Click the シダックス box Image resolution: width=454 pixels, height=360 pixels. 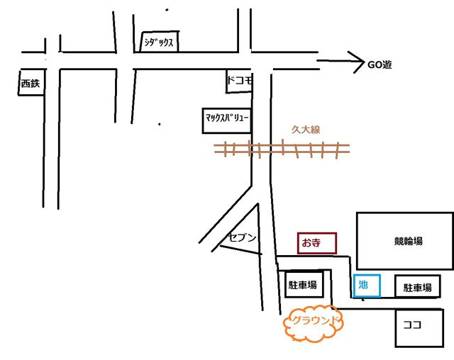tap(158, 42)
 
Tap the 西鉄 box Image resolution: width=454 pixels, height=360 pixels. tap(31, 84)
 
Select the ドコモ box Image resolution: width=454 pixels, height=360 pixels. tap(239, 81)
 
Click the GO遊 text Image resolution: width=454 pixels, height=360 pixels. tap(380, 64)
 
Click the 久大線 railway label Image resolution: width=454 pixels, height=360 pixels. tap(306, 130)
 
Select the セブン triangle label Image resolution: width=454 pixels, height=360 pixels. tap(241, 237)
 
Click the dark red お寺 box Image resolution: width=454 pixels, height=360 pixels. tap(316, 242)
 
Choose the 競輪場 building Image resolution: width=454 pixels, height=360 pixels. tap(404, 241)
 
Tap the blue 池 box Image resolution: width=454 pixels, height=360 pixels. tap(367, 285)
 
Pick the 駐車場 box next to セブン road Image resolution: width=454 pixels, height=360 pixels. tap(303, 286)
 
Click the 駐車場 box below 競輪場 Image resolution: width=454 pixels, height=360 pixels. tap(417, 287)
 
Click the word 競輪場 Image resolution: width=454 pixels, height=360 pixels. tap(409, 241)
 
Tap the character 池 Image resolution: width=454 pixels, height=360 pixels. tap(364, 285)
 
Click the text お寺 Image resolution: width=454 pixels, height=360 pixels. tap(311, 242)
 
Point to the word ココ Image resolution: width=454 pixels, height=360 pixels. tap(412, 326)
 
